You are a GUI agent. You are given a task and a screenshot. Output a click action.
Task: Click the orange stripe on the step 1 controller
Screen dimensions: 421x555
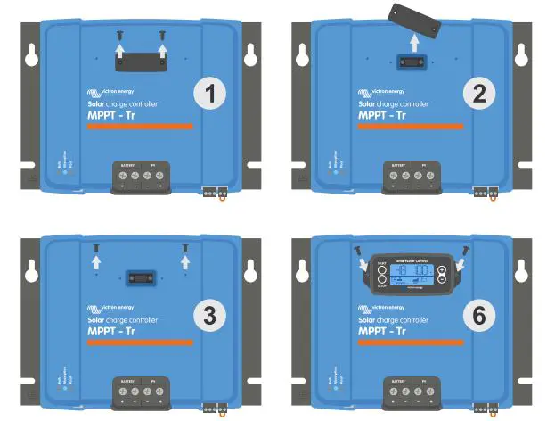[139, 127]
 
